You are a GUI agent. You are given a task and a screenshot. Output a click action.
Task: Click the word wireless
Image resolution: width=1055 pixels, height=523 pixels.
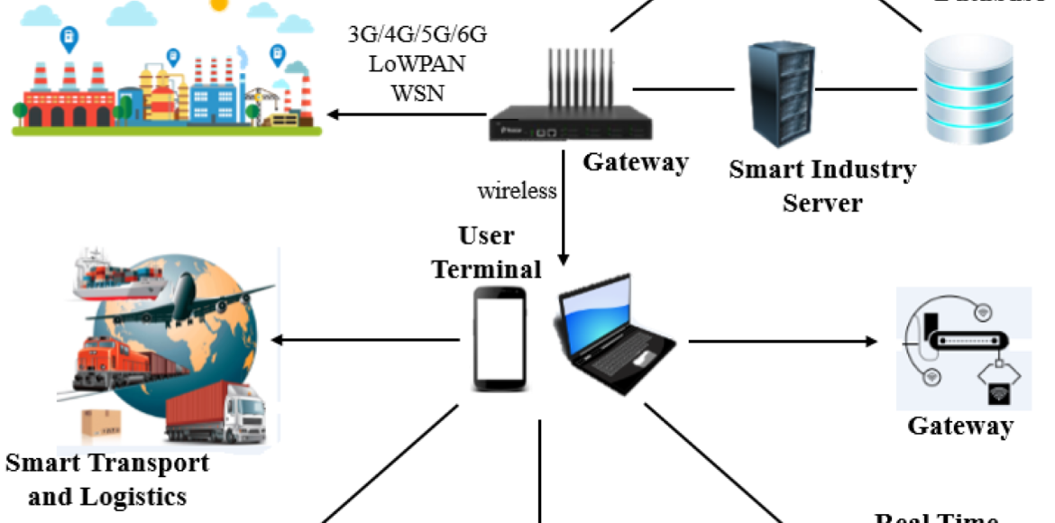(517, 190)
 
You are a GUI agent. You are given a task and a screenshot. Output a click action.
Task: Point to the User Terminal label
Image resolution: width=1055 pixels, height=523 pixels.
(487, 252)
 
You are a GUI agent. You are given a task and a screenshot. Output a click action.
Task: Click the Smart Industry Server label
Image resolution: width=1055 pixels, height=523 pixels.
(821, 185)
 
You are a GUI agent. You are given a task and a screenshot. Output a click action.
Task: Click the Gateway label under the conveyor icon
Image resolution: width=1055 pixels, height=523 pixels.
(959, 426)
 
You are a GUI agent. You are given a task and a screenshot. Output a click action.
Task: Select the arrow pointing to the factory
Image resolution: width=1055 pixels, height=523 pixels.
(406, 115)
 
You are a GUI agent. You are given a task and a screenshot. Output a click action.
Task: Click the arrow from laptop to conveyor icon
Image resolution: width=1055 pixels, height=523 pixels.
(781, 342)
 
